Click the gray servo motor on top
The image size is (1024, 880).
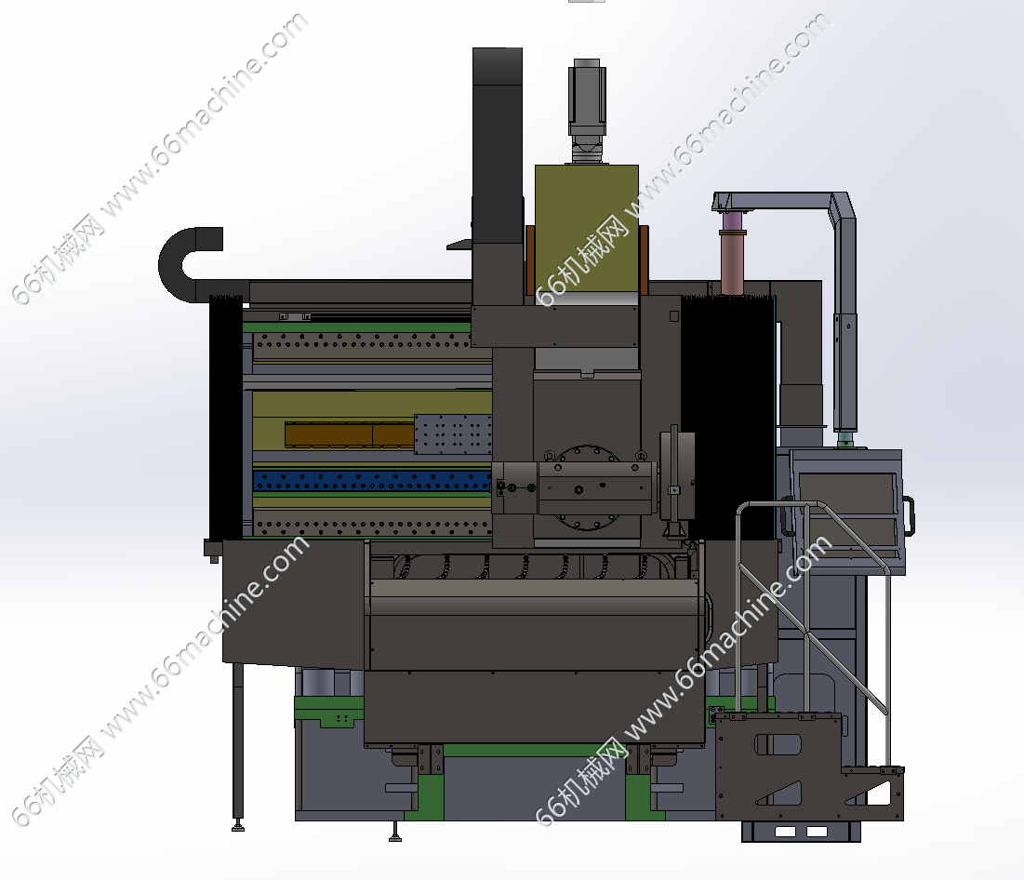(587, 110)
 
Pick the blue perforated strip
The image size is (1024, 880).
(372, 481)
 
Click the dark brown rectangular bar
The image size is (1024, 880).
(350, 434)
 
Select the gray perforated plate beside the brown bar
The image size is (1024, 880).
(453, 433)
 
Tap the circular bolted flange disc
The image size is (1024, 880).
(587, 487)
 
